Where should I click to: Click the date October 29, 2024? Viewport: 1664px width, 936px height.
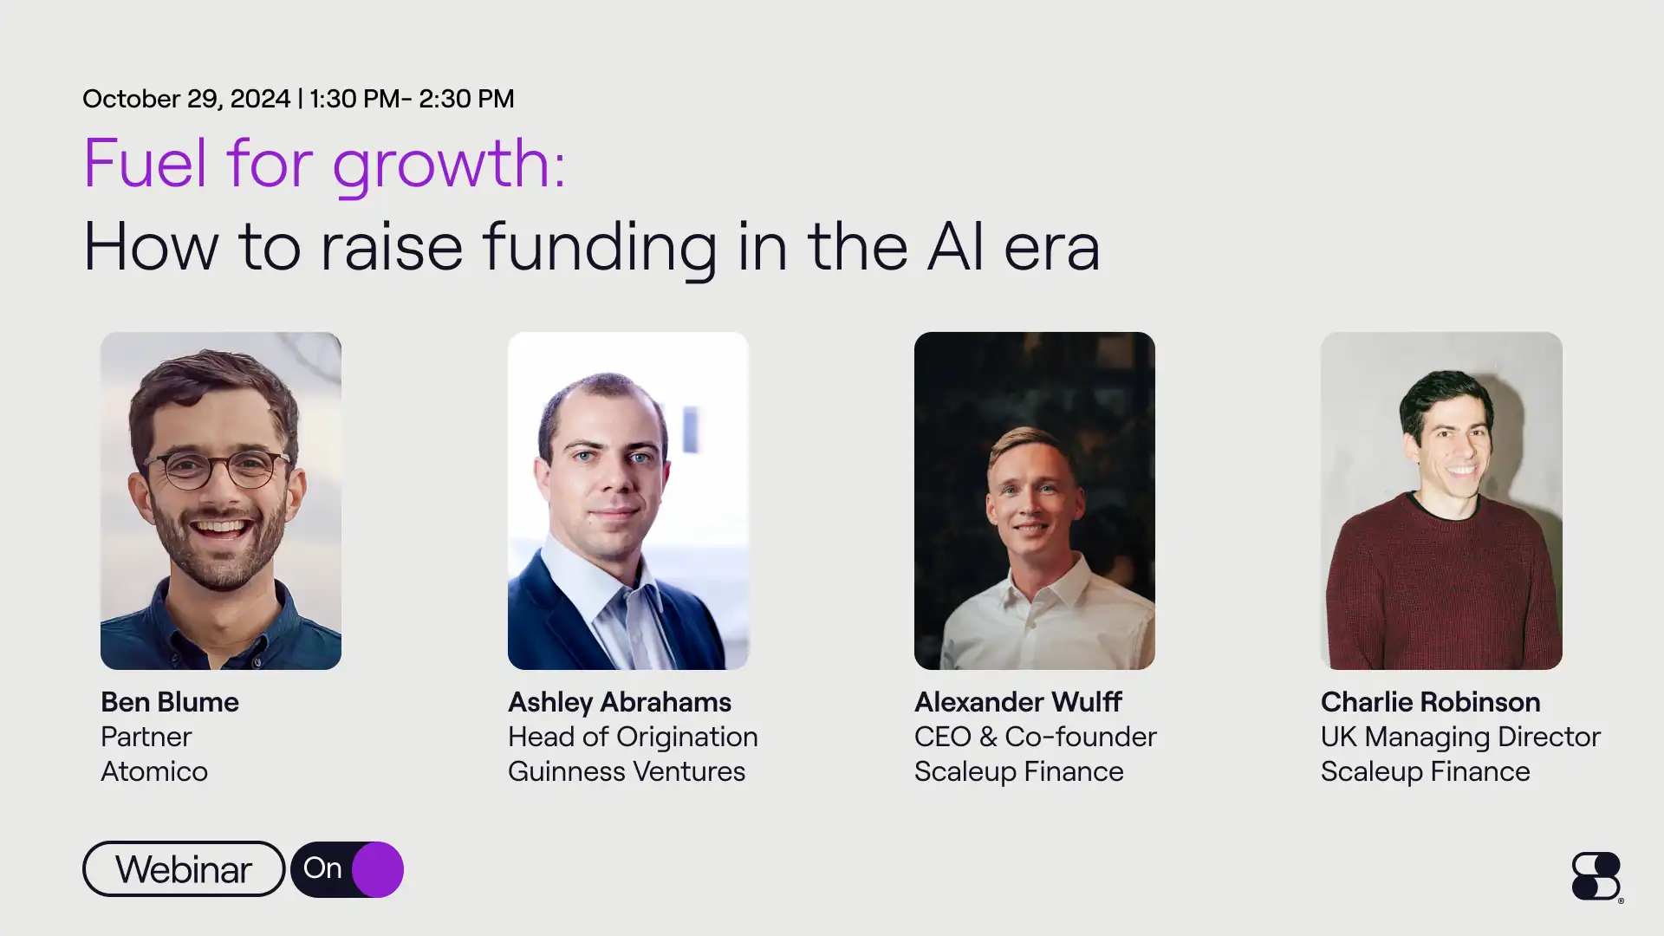[185, 99]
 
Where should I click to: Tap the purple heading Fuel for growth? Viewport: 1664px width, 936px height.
[324, 163]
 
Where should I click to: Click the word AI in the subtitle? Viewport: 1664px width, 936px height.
[955, 247]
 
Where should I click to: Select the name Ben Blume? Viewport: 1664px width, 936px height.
[170, 702]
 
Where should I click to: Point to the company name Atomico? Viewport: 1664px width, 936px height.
[154, 771]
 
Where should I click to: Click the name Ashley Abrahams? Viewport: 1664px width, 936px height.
[619, 702]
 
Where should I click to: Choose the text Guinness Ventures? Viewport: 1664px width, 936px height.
[626, 771]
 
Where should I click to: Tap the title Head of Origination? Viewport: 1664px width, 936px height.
[633, 737]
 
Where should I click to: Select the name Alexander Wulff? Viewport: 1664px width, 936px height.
[1017, 702]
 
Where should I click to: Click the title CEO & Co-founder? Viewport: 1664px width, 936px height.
[1035, 737]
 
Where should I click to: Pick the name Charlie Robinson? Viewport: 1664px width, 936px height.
[1430, 702]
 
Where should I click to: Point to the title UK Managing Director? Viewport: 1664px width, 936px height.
[1460, 737]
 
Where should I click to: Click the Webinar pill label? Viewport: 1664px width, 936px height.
[184, 869]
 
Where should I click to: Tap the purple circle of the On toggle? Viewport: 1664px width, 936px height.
[378, 869]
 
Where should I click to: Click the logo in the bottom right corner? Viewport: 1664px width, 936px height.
[1596, 876]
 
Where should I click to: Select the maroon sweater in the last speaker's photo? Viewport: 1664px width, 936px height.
[1440, 589]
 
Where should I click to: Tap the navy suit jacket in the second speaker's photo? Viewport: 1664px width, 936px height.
[555, 615]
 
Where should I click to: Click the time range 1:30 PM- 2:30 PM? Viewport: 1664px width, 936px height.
[412, 99]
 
